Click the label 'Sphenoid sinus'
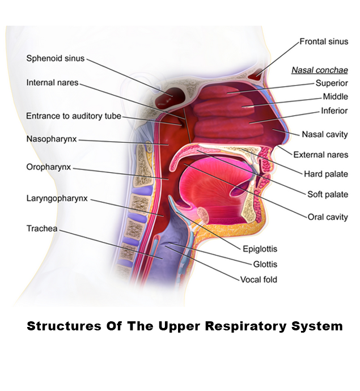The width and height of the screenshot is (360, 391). pyautogui.click(x=56, y=58)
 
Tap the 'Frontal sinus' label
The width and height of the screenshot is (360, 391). pyautogui.click(x=324, y=42)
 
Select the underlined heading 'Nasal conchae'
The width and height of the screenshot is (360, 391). pyautogui.click(x=320, y=70)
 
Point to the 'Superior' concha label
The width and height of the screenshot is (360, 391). pyautogui.click(x=332, y=83)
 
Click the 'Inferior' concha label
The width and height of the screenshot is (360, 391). pyautogui.click(x=334, y=110)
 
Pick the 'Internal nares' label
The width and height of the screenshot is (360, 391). pyautogui.click(x=52, y=83)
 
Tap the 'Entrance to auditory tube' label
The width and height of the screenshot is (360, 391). pyautogui.click(x=74, y=116)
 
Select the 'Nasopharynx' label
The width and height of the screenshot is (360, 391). pyautogui.click(x=52, y=139)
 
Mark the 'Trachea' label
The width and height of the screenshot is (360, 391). pyautogui.click(x=41, y=228)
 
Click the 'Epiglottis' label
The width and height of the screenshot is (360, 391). pyautogui.click(x=260, y=249)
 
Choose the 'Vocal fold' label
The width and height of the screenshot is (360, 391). pyautogui.click(x=259, y=279)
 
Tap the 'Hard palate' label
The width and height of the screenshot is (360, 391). pyautogui.click(x=326, y=174)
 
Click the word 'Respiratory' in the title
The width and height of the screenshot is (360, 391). pyautogui.click(x=226, y=327)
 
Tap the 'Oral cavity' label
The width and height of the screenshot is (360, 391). pyautogui.click(x=328, y=216)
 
